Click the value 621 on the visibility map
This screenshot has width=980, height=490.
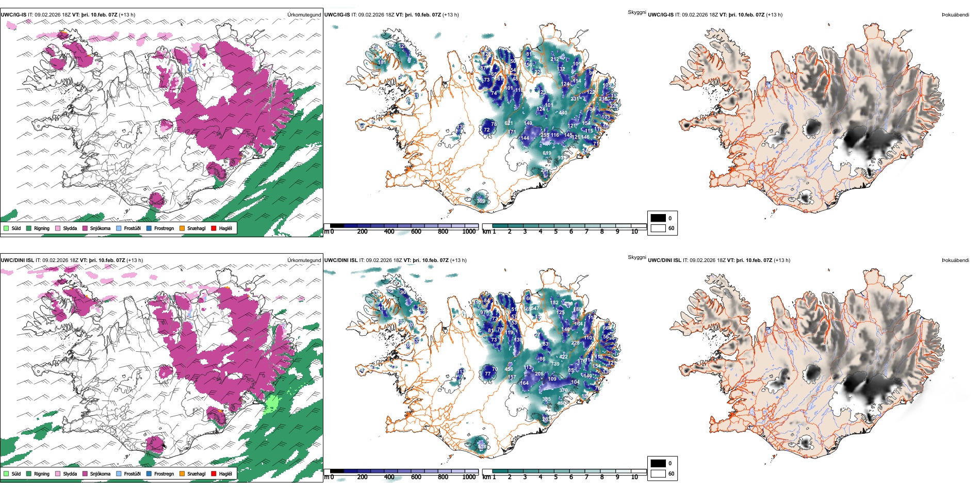509,123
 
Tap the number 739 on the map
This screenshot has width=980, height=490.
555,364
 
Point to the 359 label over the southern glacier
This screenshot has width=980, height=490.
481,201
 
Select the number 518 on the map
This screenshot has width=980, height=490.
482,446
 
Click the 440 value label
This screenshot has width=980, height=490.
563,112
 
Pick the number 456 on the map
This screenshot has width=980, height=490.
509,369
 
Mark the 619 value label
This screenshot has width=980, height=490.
547,153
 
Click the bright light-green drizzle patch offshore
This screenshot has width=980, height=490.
271,403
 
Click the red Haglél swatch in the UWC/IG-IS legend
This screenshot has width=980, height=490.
214,228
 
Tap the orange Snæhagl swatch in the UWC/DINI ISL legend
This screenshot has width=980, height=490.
182,473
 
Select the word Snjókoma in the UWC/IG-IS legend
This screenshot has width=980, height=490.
100,228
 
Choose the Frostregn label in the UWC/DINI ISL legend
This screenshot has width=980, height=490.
164,473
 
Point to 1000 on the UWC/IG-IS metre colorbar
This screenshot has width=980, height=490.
469,232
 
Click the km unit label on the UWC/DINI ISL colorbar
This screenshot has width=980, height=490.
486,477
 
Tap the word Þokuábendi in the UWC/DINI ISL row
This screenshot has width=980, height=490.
955,260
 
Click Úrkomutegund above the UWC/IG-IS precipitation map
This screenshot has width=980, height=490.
304,14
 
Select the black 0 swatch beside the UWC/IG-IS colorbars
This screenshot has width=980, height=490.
658,218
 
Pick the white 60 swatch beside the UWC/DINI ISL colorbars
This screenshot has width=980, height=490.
658,473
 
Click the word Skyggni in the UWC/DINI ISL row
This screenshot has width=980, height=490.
636,257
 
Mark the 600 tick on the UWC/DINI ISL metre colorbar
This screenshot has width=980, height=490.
416,477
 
